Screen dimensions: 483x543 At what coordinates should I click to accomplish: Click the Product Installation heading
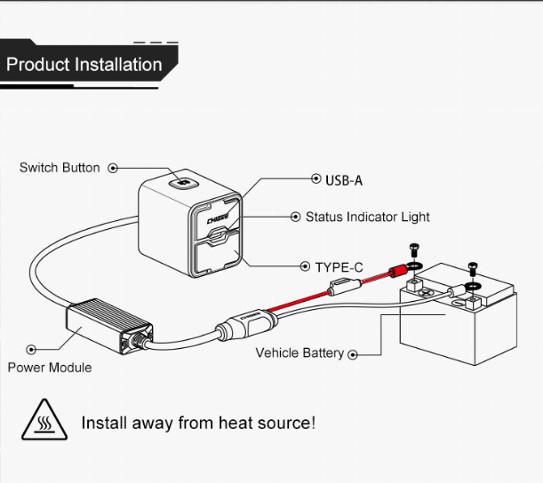tap(84, 65)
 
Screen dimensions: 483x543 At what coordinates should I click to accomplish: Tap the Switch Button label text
tap(60, 168)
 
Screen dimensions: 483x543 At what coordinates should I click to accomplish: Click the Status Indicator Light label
tap(367, 217)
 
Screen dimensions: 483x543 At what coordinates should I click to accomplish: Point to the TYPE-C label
tap(339, 266)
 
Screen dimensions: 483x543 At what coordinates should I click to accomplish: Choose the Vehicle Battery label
tap(299, 352)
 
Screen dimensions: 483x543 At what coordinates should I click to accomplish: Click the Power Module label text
tap(50, 368)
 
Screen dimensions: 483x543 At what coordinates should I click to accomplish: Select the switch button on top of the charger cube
tap(183, 184)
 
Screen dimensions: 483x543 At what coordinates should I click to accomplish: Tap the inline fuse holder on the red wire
tap(342, 287)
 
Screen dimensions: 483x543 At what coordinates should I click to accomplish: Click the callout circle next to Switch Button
tap(113, 168)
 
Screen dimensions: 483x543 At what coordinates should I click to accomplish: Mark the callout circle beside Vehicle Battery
tap(353, 354)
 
